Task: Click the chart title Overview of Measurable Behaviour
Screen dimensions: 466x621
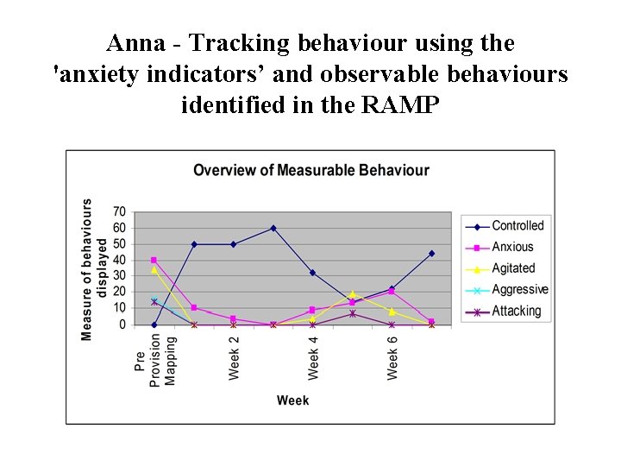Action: pos(310,170)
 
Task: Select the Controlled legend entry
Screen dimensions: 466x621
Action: pos(517,226)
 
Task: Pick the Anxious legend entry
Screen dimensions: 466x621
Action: pos(512,248)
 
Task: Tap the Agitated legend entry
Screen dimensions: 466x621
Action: pos(513,268)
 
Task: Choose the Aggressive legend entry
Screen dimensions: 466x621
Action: pos(519,290)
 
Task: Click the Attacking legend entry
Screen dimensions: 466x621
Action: pos(516,311)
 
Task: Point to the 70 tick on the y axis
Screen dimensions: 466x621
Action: pos(119,211)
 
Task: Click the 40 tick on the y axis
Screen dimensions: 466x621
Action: pos(119,260)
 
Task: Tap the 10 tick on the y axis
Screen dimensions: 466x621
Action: pos(119,308)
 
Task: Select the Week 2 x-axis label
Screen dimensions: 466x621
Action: pos(234,357)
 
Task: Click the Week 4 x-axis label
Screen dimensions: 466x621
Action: pos(313,357)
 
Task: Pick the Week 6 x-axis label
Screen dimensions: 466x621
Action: pos(392,357)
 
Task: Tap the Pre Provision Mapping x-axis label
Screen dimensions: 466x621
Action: pos(156,362)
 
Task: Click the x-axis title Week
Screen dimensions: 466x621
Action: pos(292,400)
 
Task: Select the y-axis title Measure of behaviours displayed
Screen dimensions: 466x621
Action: pos(94,269)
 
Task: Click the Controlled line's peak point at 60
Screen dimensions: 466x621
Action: pos(273,228)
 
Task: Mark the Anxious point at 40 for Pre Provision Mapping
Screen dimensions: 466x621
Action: pos(154,260)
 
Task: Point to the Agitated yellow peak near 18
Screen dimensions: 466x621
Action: pos(352,294)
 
